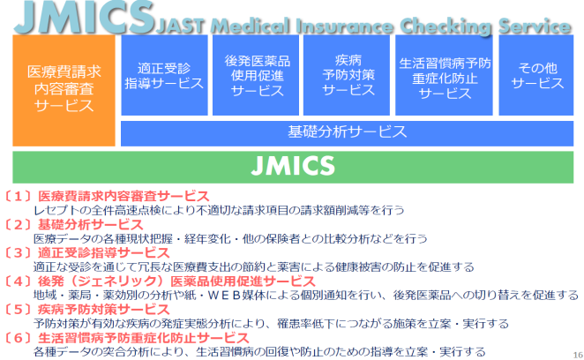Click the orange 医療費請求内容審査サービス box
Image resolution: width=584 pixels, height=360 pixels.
64,90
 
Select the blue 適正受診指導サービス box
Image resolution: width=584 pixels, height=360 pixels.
164,75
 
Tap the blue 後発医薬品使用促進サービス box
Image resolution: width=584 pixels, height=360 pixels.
256,75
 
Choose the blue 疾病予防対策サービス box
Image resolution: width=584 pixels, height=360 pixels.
347,75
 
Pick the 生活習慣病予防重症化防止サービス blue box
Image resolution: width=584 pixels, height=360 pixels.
444,75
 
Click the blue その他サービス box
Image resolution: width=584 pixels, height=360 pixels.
536,75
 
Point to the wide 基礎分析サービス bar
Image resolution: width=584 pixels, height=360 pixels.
347,133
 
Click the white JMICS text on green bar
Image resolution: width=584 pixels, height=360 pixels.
293,166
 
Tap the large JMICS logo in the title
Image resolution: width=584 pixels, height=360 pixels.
84,18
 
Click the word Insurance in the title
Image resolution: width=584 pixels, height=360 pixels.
345,26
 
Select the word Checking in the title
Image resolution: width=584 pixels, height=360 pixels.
445,26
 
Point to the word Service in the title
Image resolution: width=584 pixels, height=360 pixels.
535,26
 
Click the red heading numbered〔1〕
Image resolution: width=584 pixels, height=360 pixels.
106,197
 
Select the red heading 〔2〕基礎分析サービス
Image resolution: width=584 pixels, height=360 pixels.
72,225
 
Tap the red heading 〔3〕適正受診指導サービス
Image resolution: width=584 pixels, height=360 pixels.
86,253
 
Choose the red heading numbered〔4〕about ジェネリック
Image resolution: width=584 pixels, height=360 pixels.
159,281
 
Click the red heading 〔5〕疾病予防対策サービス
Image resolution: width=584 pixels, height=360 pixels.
86,310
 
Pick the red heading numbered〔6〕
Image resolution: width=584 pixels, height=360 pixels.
126,338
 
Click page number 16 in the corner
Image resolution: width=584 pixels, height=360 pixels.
578,356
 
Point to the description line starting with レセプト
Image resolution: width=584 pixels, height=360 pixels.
219,211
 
